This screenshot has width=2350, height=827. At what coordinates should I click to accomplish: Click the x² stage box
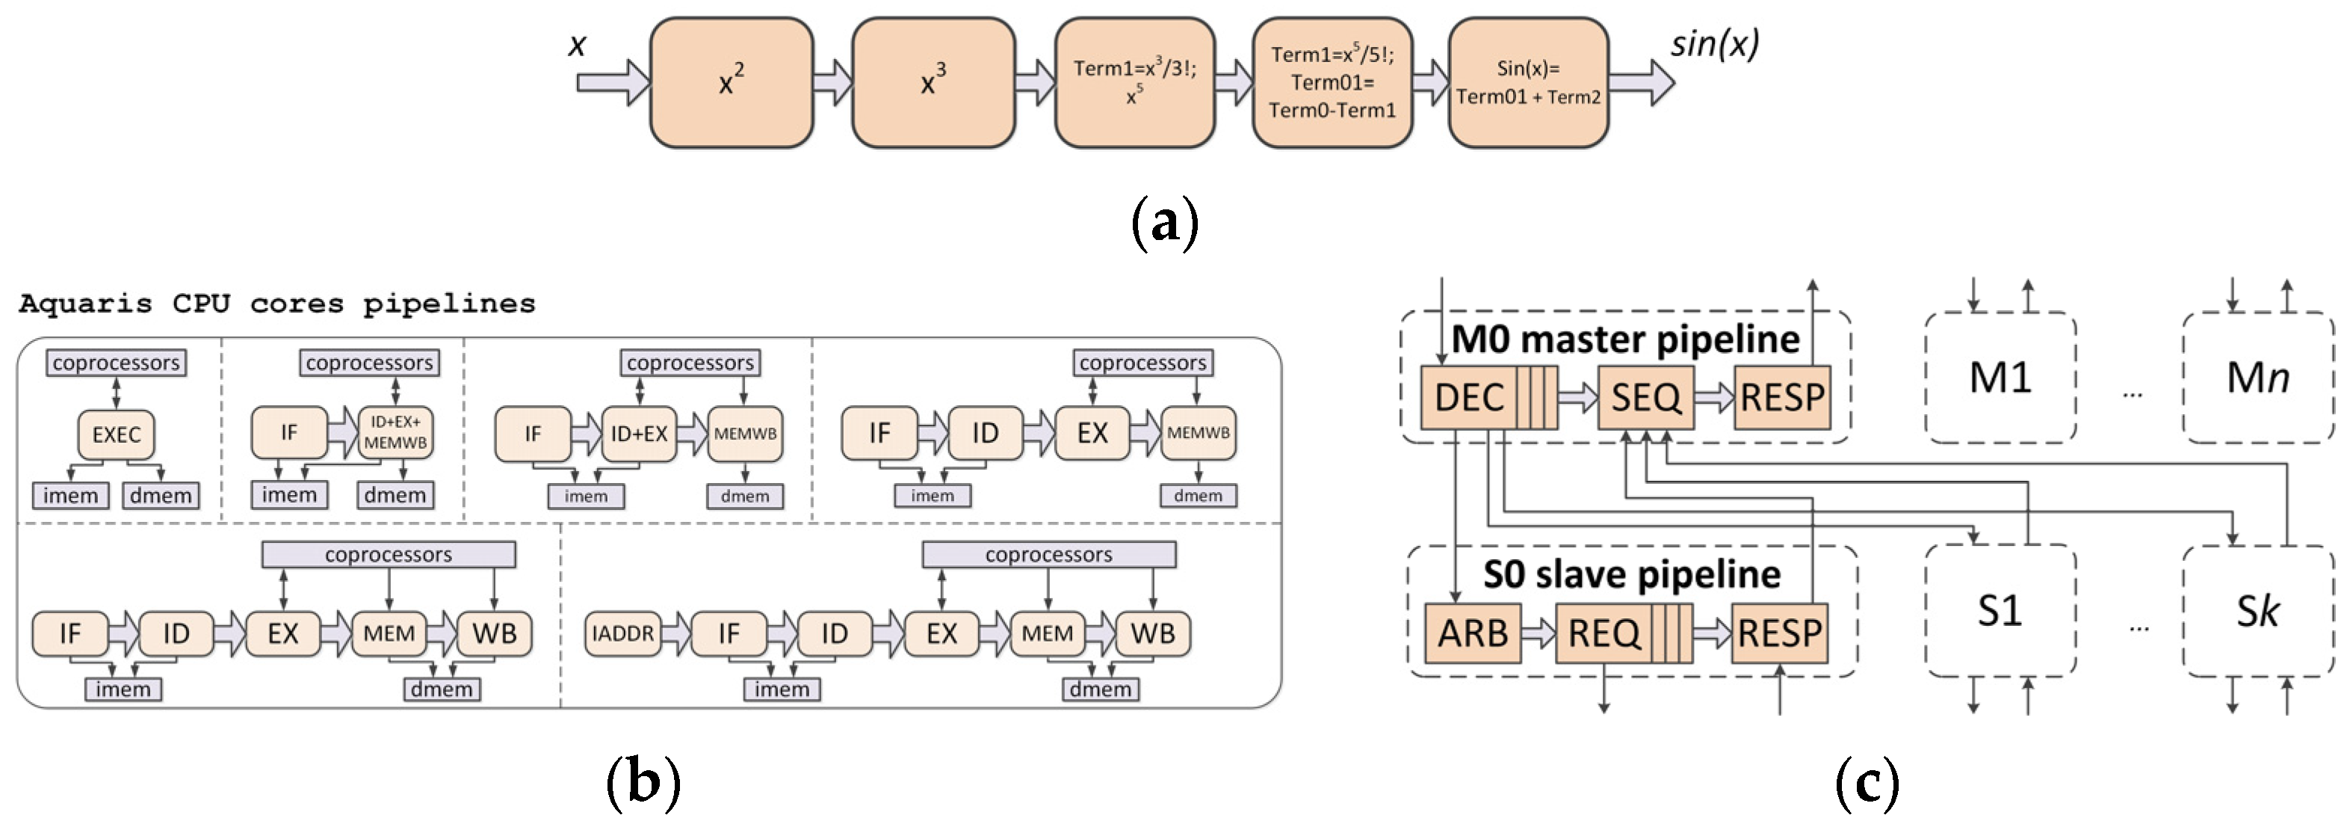click(x=731, y=83)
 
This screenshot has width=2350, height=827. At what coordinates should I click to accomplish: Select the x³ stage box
click(x=933, y=83)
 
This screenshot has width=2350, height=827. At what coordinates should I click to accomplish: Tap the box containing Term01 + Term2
click(x=1528, y=83)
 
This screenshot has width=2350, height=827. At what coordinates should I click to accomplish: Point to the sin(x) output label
click(x=1714, y=44)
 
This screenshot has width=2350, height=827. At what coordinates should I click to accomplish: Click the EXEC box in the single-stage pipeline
click(x=116, y=434)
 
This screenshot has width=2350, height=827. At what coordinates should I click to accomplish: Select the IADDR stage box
click(x=622, y=633)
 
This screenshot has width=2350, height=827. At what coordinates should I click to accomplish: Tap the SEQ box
click(x=1645, y=397)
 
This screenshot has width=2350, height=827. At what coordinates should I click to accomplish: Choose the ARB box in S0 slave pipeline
click(x=1471, y=633)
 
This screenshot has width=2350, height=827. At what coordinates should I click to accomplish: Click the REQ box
click(x=1603, y=633)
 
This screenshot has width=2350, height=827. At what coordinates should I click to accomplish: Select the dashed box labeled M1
click(x=2000, y=377)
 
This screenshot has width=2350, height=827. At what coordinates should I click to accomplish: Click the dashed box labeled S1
click(x=2000, y=611)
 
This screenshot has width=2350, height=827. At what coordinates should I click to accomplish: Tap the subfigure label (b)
click(x=643, y=782)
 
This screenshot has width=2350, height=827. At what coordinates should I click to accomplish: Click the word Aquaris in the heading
click(x=85, y=304)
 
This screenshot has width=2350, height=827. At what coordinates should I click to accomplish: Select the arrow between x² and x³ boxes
click(x=832, y=83)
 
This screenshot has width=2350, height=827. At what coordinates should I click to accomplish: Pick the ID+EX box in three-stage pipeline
click(x=639, y=434)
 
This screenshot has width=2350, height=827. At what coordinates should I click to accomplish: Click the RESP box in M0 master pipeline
click(x=1781, y=397)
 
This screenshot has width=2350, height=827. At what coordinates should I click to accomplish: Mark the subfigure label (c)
click(x=1867, y=782)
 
